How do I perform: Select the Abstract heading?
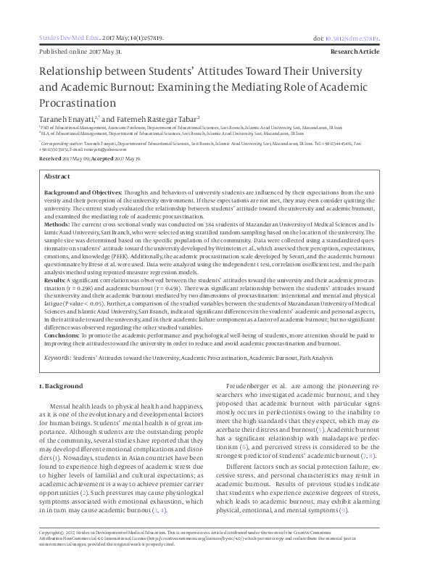(57, 176)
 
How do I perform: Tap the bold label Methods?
(57, 225)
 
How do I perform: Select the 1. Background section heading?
(62, 386)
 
